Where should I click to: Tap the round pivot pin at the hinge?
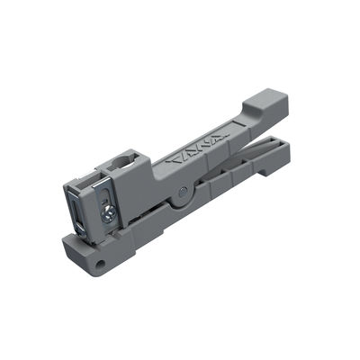click(184, 190)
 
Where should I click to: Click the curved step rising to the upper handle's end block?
click(255, 115)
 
